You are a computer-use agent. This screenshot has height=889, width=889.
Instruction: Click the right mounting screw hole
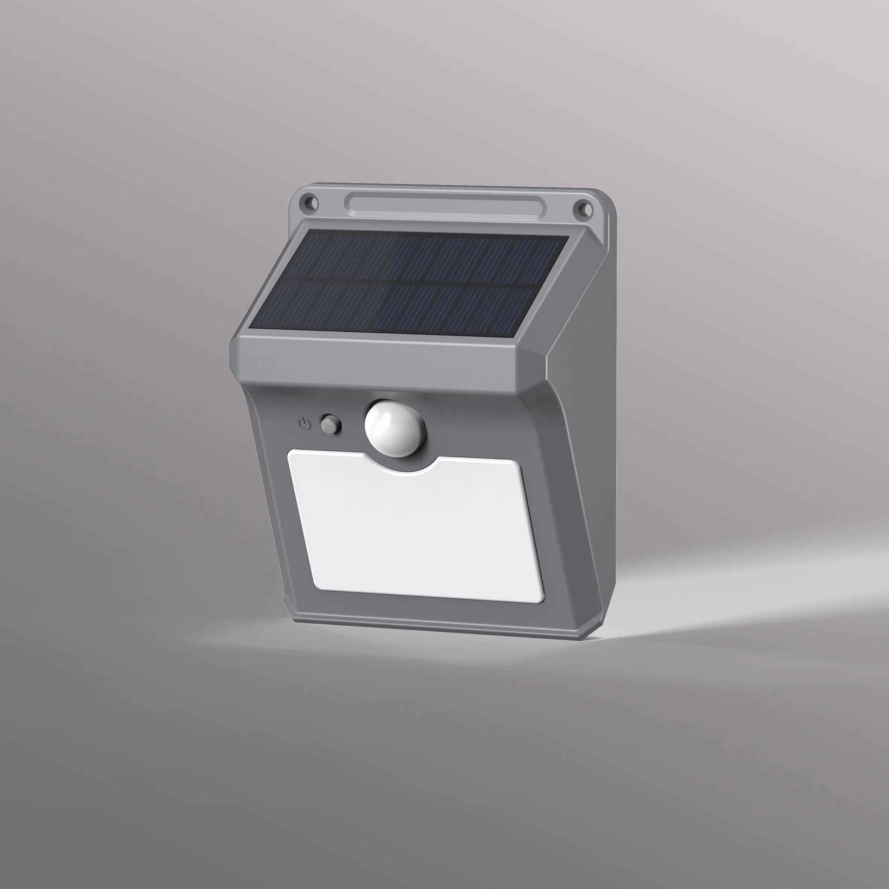tap(583, 208)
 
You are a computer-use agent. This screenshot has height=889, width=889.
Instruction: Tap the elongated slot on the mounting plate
tap(445, 205)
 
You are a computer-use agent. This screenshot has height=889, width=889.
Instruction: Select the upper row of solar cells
tap(430, 258)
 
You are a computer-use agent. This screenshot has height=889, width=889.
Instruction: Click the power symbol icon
tap(304, 423)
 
